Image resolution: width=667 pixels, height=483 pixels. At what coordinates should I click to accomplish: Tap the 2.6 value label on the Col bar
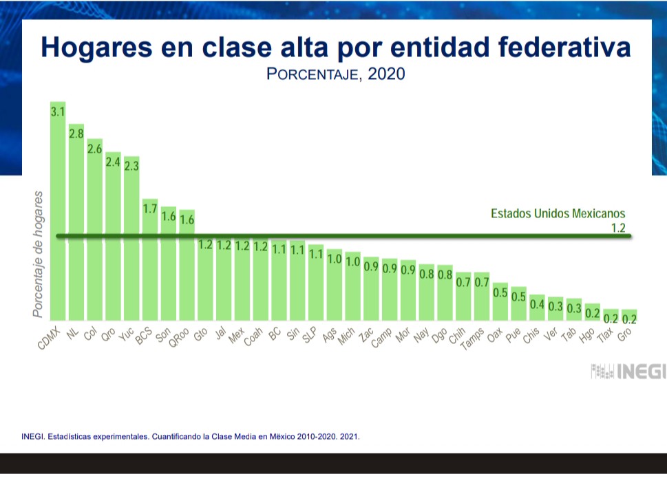[x=94, y=149]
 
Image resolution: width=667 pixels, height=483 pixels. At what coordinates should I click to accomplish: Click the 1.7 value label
[x=150, y=208]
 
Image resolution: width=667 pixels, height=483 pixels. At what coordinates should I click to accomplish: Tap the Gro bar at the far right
[x=628, y=316]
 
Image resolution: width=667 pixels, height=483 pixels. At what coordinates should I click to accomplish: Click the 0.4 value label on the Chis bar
[x=538, y=305]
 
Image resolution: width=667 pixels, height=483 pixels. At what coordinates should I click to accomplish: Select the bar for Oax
[x=500, y=302]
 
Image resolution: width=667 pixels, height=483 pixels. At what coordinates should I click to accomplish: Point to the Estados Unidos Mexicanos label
[x=558, y=213]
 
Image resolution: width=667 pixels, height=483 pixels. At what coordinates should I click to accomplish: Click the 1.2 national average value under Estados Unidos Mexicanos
[x=617, y=228]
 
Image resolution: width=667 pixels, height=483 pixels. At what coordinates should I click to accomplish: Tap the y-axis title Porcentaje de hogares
[x=39, y=255]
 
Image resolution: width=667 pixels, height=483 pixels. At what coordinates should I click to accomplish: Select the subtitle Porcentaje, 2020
[x=335, y=74]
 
